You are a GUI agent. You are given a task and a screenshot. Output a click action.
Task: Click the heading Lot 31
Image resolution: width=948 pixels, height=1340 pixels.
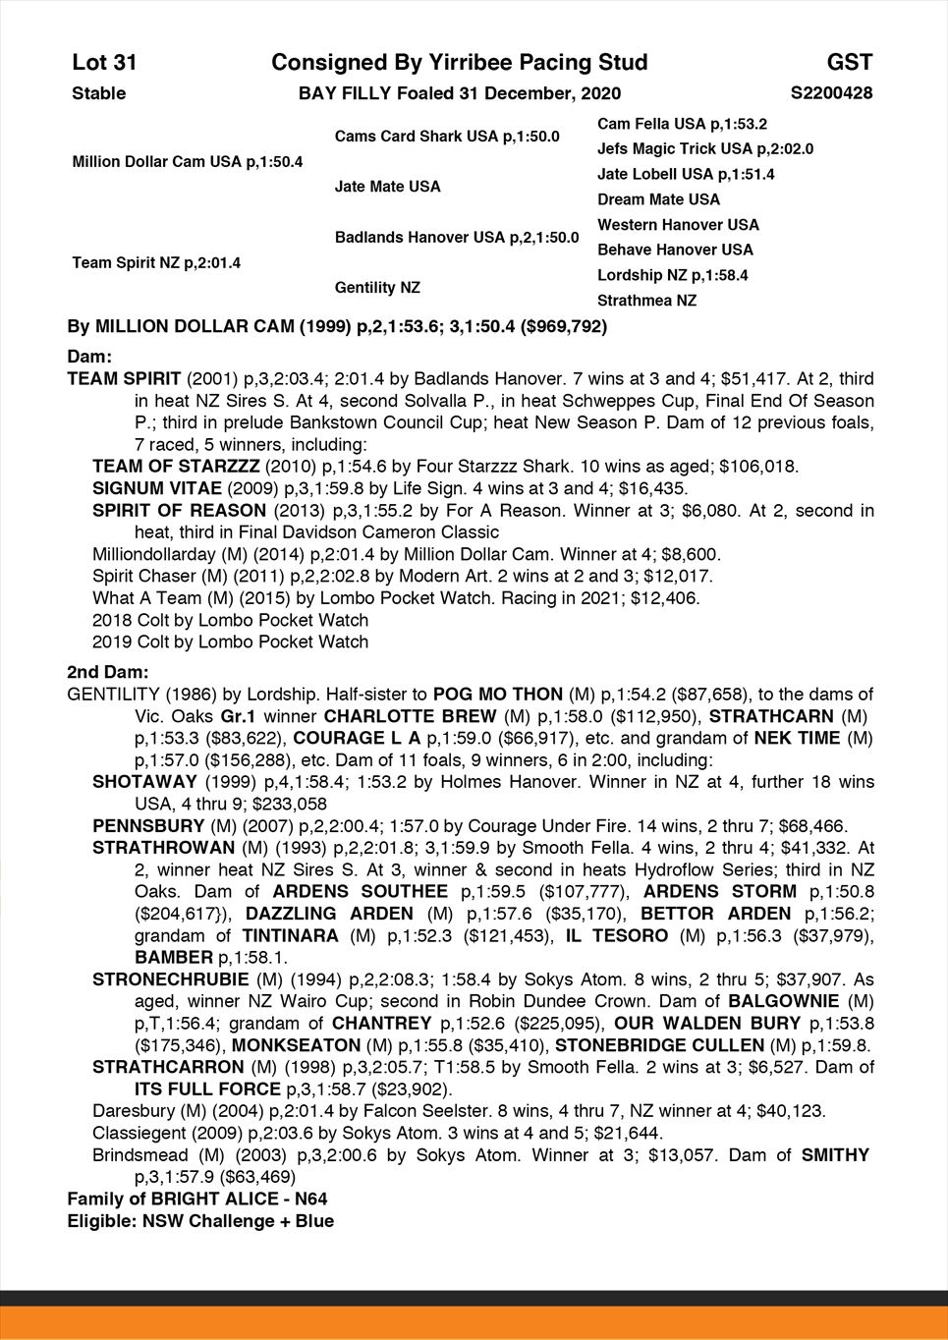pyautogui.click(x=104, y=63)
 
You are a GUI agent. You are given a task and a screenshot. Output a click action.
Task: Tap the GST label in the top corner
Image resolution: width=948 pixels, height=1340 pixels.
pyautogui.click(x=850, y=63)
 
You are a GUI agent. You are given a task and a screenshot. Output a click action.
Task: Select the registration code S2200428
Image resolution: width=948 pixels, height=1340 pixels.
pyautogui.click(x=831, y=93)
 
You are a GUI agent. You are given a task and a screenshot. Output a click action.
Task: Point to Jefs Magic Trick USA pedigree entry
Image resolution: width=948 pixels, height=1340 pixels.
pyautogui.click(x=704, y=149)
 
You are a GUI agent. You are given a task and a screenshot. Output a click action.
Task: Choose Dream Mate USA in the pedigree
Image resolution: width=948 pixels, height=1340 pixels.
pyautogui.click(x=658, y=199)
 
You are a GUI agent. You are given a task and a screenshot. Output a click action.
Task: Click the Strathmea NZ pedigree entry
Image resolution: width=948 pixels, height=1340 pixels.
pyautogui.click(x=646, y=301)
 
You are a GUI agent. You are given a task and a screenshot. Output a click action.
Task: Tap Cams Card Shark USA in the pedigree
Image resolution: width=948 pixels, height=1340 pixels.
pyautogui.click(x=447, y=137)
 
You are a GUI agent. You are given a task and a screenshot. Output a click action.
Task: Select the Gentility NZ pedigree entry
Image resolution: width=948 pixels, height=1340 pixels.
pyautogui.click(x=377, y=288)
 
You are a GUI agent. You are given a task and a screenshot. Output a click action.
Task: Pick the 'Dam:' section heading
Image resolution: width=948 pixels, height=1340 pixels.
pyautogui.click(x=89, y=357)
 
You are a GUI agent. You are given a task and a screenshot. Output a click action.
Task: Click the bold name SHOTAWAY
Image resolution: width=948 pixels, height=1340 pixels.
pyautogui.click(x=143, y=782)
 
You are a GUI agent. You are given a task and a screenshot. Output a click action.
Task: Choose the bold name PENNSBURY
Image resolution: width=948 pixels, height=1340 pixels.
pyautogui.click(x=148, y=826)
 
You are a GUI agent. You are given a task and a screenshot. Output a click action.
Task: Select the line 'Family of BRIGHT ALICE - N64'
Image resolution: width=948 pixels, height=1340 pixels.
pyautogui.click(x=197, y=1200)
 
